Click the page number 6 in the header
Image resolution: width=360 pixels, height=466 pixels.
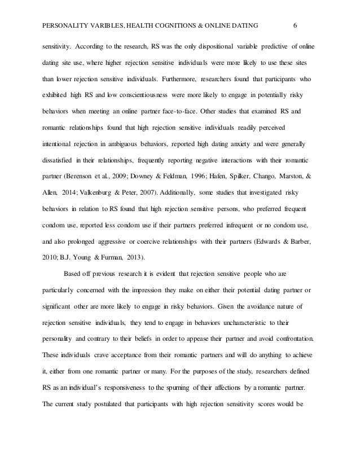[296, 24]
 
